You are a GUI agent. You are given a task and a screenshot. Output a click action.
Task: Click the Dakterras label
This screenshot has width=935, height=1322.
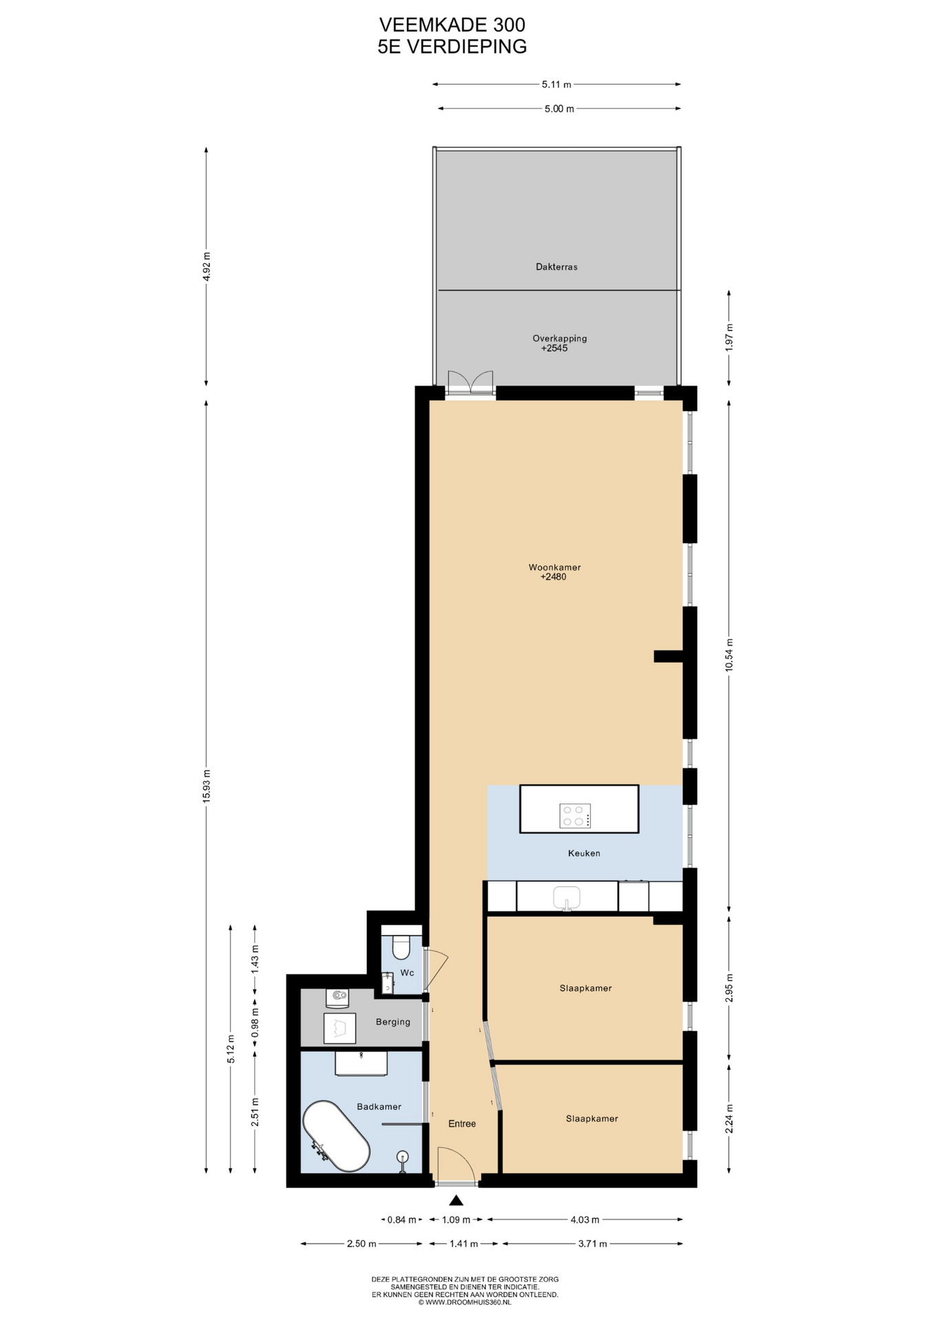click(556, 266)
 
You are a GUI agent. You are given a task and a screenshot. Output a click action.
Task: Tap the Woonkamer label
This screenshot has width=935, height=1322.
click(554, 567)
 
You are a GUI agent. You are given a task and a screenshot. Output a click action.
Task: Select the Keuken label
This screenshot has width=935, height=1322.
click(584, 853)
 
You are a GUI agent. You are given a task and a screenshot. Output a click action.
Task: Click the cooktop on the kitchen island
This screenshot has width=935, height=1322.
click(575, 816)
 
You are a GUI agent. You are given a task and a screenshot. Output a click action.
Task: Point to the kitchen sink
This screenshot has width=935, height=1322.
click(567, 897)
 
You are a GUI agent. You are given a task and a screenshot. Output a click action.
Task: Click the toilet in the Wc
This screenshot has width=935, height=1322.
click(401, 947)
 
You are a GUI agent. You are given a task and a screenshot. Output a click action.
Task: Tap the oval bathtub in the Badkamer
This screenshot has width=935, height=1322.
click(337, 1135)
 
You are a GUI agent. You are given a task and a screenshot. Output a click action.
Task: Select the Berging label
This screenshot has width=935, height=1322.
click(393, 1022)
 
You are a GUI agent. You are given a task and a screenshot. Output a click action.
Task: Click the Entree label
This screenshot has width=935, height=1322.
click(462, 1124)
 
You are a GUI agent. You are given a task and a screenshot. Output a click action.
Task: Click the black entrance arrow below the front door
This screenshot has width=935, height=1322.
click(456, 1200)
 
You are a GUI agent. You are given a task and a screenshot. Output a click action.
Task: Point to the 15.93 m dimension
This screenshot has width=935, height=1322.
click(207, 786)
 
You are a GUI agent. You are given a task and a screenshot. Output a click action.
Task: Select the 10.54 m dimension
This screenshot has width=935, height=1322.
click(729, 655)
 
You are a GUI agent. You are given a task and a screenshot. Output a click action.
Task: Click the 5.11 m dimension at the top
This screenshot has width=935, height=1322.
click(556, 85)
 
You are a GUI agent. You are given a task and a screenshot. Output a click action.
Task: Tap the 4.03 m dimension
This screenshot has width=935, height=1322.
click(585, 1219)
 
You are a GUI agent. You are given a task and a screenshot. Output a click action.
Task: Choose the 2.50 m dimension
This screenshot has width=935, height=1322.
click(361, 1244)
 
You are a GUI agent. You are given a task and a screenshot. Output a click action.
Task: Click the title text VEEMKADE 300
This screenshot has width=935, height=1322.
click(452, 25)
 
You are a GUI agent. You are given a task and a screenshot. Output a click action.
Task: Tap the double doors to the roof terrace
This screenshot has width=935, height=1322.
click(470, 382)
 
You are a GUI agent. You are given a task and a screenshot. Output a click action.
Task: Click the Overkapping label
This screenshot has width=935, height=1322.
click(559, 338)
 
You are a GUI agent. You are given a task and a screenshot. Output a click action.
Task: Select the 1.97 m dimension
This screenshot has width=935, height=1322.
click(729, 337)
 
